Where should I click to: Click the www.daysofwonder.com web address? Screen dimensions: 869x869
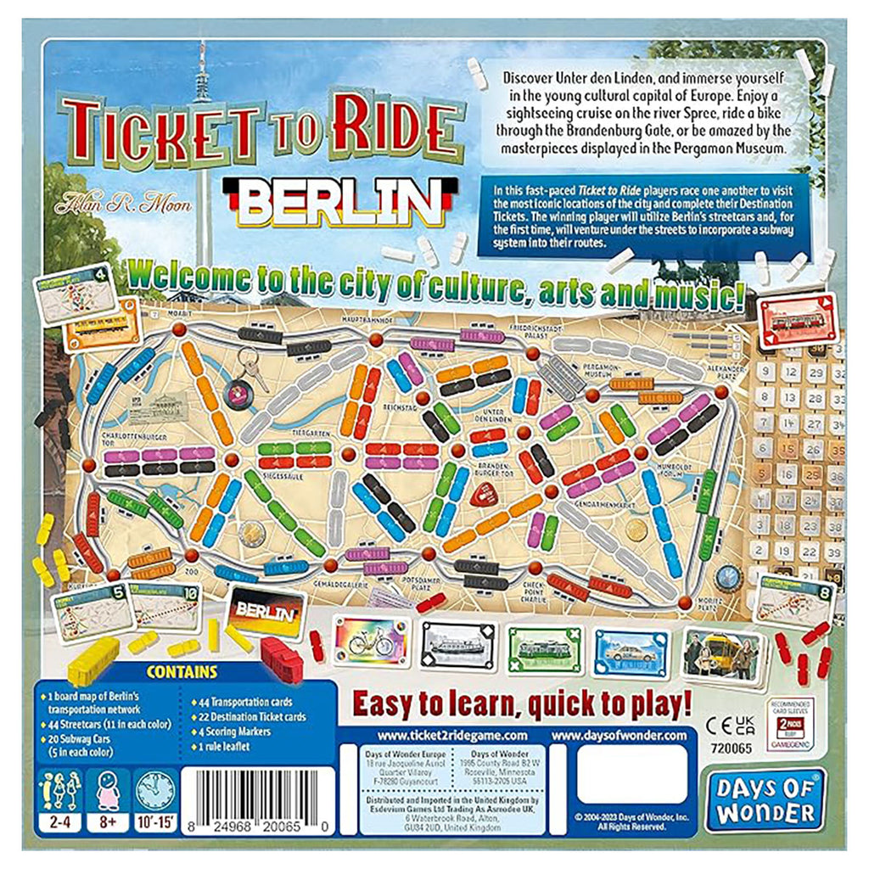(x=620, y=735)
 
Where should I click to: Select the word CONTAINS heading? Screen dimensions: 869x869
(x=182, y=673)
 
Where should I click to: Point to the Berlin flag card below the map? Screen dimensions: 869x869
(x=266, y=609)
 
